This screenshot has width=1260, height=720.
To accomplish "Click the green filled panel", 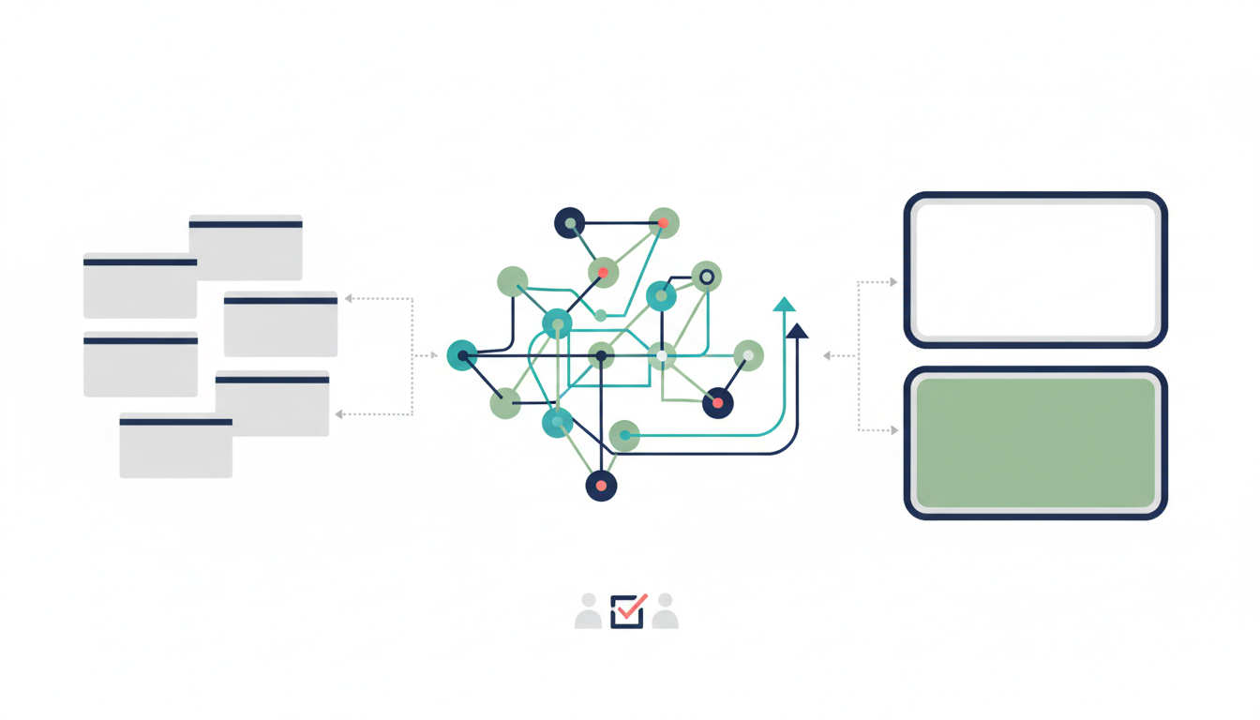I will click(x=1035, y=442).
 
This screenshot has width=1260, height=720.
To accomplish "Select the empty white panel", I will click(x=1035, y=270).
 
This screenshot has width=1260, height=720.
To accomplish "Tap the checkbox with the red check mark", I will click(x=627, y=611).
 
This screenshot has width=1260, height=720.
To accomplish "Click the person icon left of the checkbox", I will click(x=588, y=611).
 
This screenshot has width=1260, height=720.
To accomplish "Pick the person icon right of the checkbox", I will click(x=665, y=611).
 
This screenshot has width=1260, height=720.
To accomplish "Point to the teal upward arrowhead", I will click(x=784, y=304).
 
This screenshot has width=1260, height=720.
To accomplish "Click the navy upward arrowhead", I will click(x=797, y=330).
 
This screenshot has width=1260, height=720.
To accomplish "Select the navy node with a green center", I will click(x=569, y=223).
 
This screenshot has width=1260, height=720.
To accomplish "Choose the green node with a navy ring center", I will click(x=707, y=276).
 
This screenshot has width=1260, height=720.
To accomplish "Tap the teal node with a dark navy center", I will click(x=462, y=355).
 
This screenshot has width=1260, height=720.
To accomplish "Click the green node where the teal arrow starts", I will click(x=624, y=435).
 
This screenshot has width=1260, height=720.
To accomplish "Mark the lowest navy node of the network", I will click(x=601, y=486).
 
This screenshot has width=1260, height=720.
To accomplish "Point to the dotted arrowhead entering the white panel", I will click(x=893, y=281).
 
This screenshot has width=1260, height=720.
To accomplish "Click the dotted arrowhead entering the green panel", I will click(x=893, y=430).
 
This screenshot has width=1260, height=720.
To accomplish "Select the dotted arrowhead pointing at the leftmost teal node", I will click(x=433, y=355).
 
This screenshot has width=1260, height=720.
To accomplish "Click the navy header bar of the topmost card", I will click(x=246, y=224).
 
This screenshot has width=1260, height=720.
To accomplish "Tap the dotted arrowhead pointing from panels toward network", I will click(x=827, y=356).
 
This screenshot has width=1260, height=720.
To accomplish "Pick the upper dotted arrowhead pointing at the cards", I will click(x=349, y=298).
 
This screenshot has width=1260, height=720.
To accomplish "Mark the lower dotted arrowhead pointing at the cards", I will click(x=339, y=413).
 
